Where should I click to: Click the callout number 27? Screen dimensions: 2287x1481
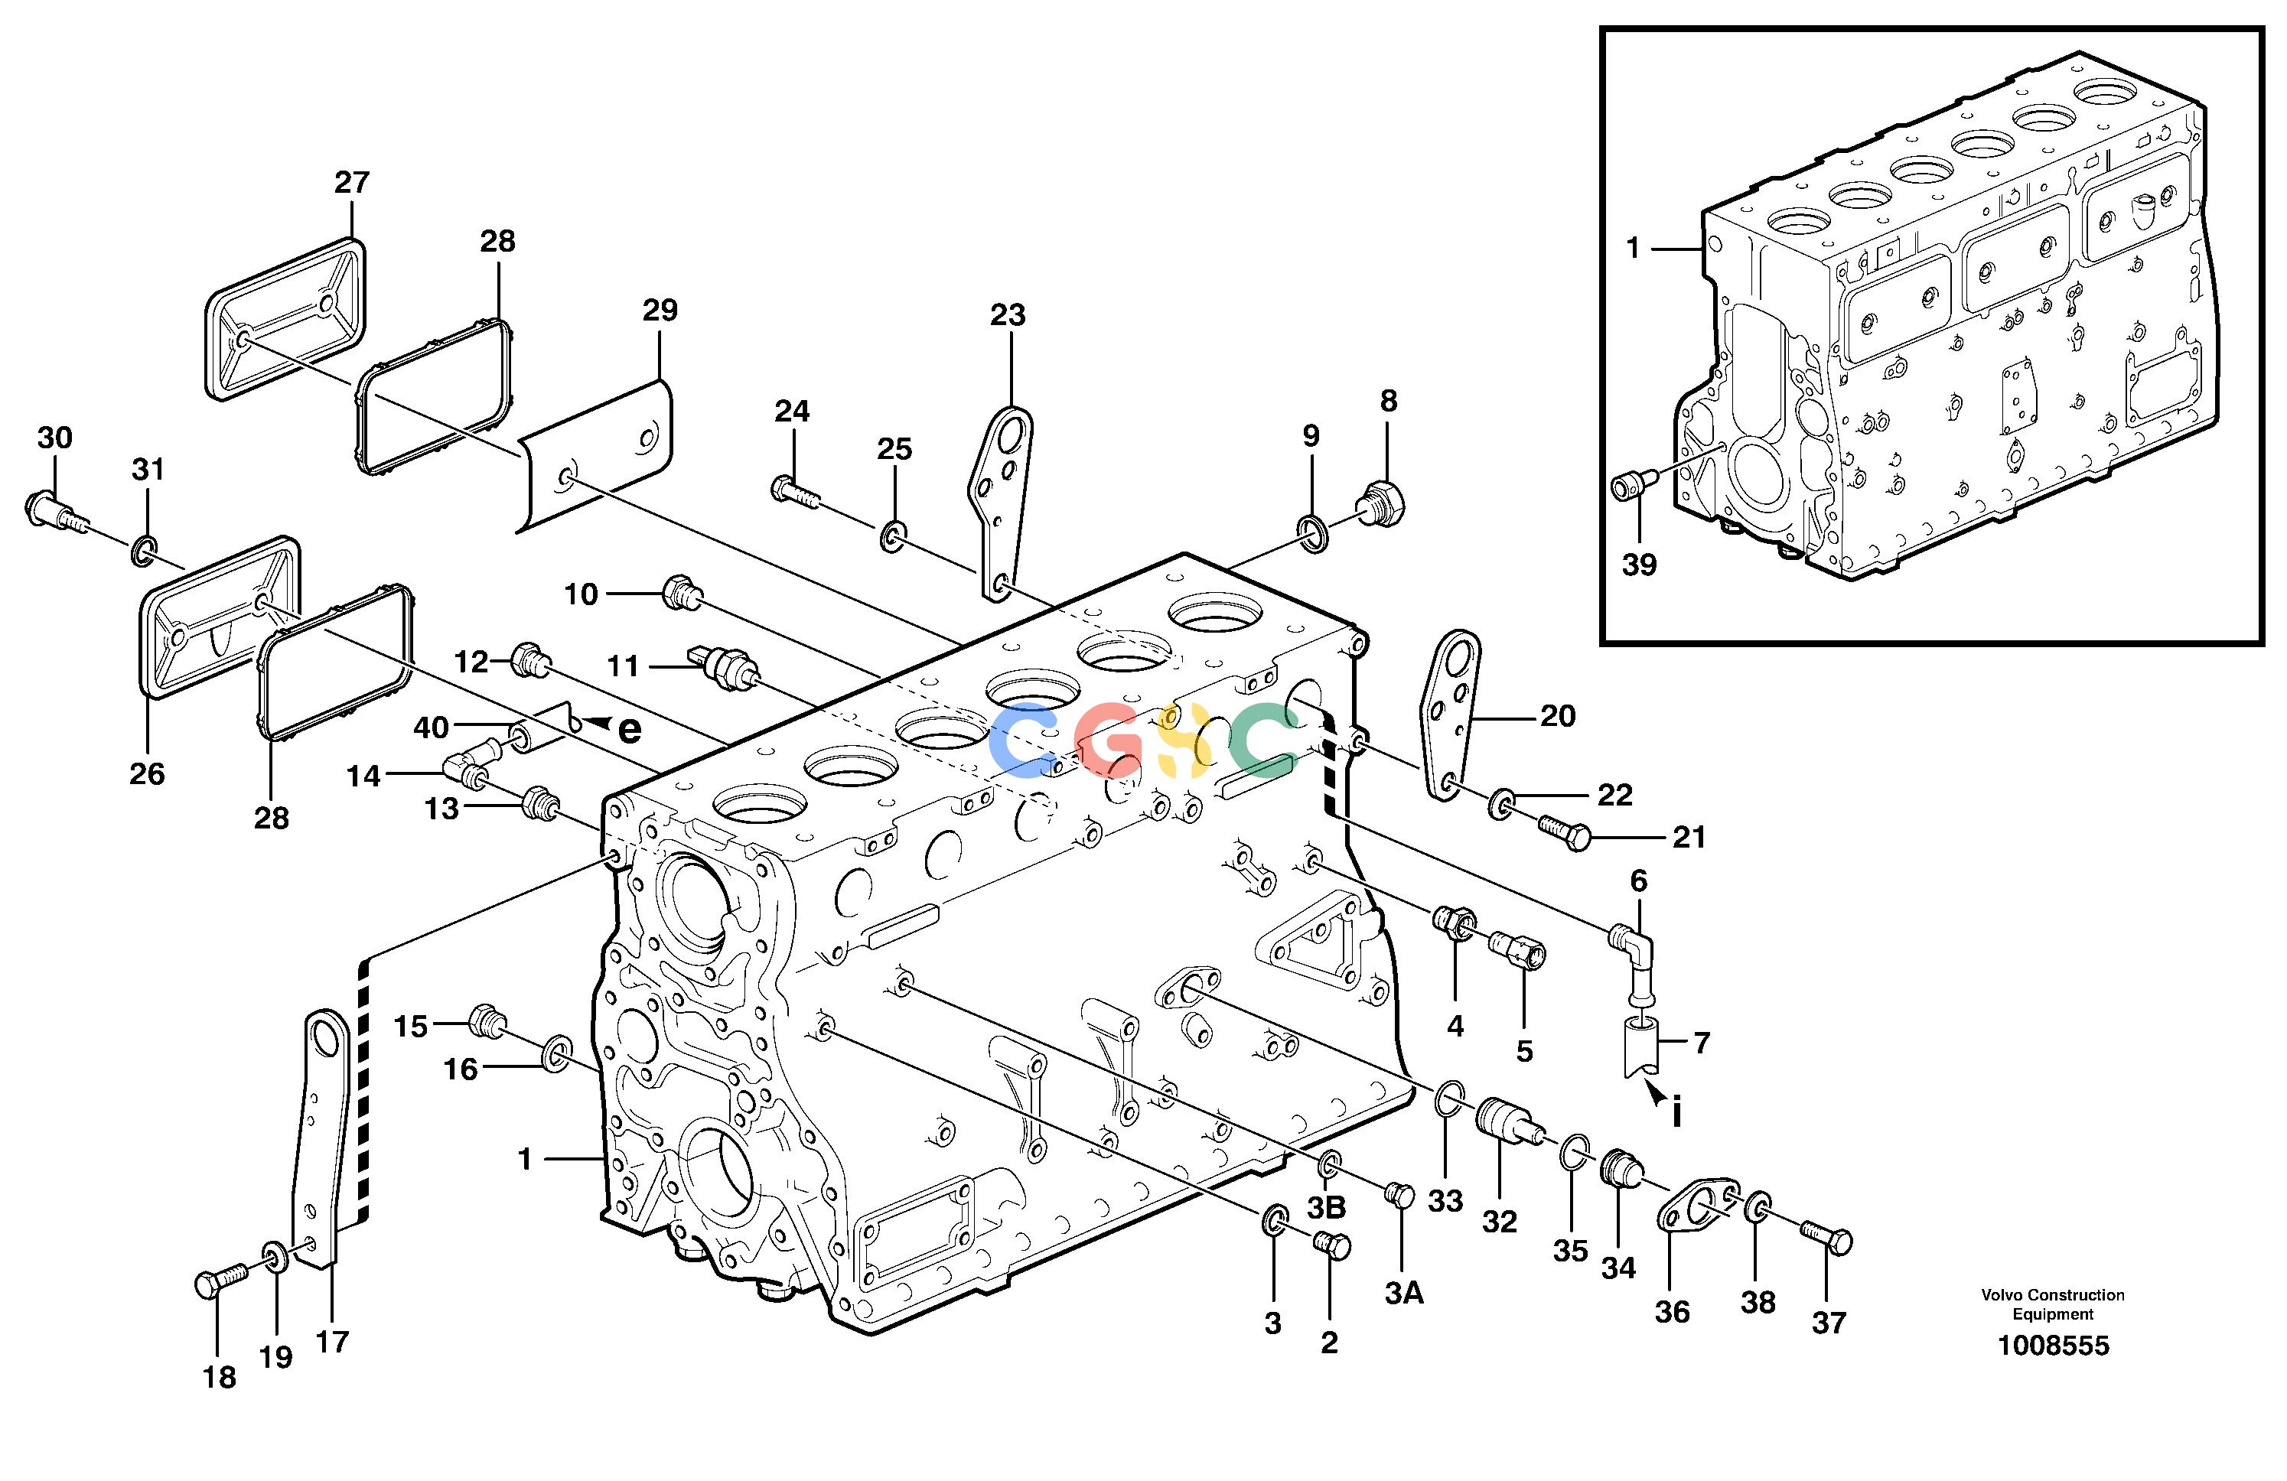pos(352,183)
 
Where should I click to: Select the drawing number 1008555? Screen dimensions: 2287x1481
pos(2053,1346)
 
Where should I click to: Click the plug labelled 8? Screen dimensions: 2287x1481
pos(1382,503)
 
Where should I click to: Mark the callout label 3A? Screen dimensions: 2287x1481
pos(1404,1294)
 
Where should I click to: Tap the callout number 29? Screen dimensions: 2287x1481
pos(660,311)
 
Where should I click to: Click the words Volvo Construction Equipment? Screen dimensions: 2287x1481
pos(2053,1304)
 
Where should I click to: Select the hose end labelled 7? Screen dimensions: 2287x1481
pos(1641,1048)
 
